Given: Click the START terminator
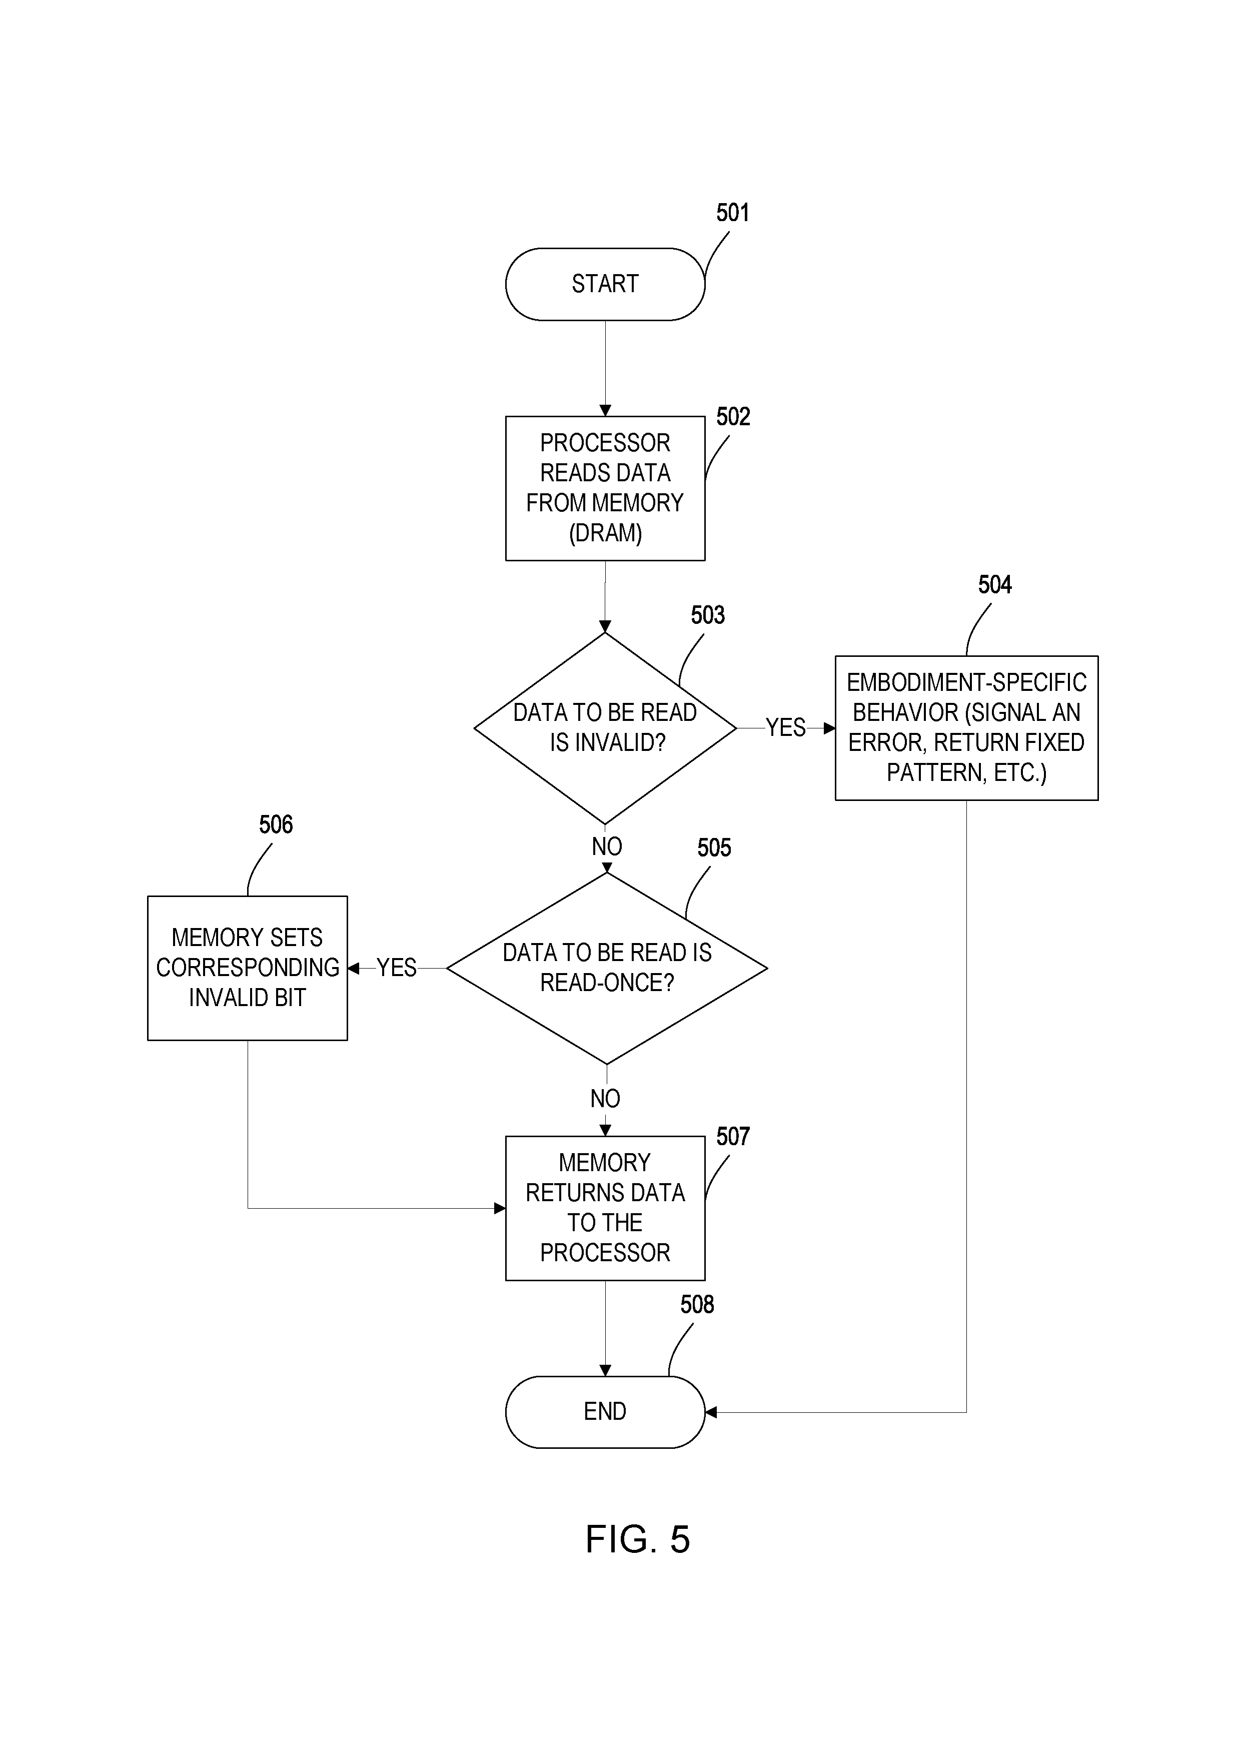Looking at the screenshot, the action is (x=605, y=284).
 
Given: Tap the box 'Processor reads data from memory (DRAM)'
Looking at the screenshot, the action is (x=605, y=488).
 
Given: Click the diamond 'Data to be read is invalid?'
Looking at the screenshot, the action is (x=605, y=728).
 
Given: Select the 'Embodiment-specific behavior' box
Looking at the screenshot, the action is (x=966, y=728).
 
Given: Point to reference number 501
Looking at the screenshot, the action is (x=733, y=213).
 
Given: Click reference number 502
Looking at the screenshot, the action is (x=733, y=417).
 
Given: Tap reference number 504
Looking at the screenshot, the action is (x=995, y=585).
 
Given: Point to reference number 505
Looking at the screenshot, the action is (x=714, y=847).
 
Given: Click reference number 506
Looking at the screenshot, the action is (x=276, y=825).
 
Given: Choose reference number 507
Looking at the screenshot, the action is (x=733, y=1137).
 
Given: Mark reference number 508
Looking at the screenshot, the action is (x=697, y=1305).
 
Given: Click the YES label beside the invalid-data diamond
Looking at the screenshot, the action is (x=785, y=728).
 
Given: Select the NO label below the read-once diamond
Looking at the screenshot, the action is (x=605, y=1099).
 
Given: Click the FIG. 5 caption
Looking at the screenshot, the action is (x=637, y=1539).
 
